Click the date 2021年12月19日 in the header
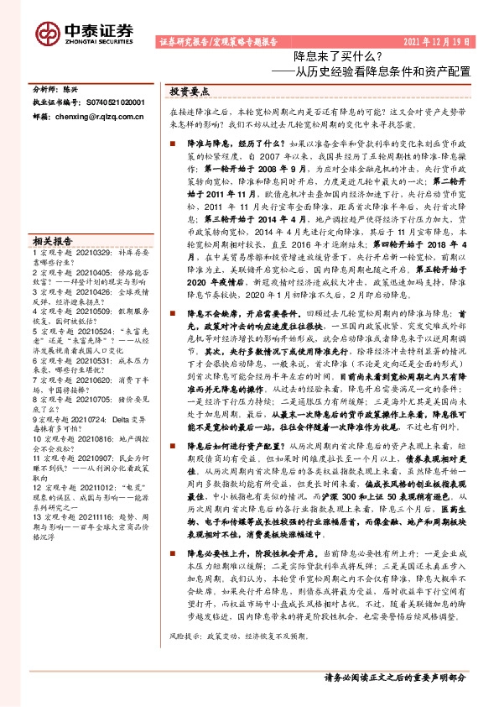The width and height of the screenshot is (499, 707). pyautogui.click(x=437, y=40)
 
